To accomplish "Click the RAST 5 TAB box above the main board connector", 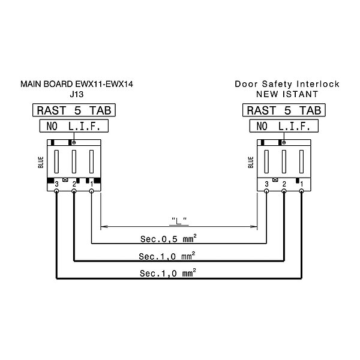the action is pos(74,110).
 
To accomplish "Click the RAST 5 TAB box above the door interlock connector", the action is pos(284,110).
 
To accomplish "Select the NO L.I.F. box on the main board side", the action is pos(74,126).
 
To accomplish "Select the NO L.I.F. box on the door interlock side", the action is pos(284,126).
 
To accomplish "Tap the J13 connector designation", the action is pos(77,94).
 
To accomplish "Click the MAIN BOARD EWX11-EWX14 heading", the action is pos(77,84).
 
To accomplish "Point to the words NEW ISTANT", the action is pos(287,94).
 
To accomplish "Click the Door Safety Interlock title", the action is pos(287,84).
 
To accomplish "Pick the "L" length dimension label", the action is pos(179,221).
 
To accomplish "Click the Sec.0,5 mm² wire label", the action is pos(168,239).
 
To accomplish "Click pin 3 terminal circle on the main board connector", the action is pos(56,191).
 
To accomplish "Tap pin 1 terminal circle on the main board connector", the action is pos(91,191).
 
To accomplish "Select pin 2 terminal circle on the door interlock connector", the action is pos(284,191).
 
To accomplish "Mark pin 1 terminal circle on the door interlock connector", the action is pos(301,191).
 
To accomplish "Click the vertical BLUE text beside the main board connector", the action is pos(41,163).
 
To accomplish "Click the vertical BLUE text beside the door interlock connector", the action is pos(251,163).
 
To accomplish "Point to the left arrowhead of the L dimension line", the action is pos(104,227).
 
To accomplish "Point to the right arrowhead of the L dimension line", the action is pos(253,227).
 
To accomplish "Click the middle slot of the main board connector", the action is pos(74,161).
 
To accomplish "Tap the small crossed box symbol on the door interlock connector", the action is pos(275,180).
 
